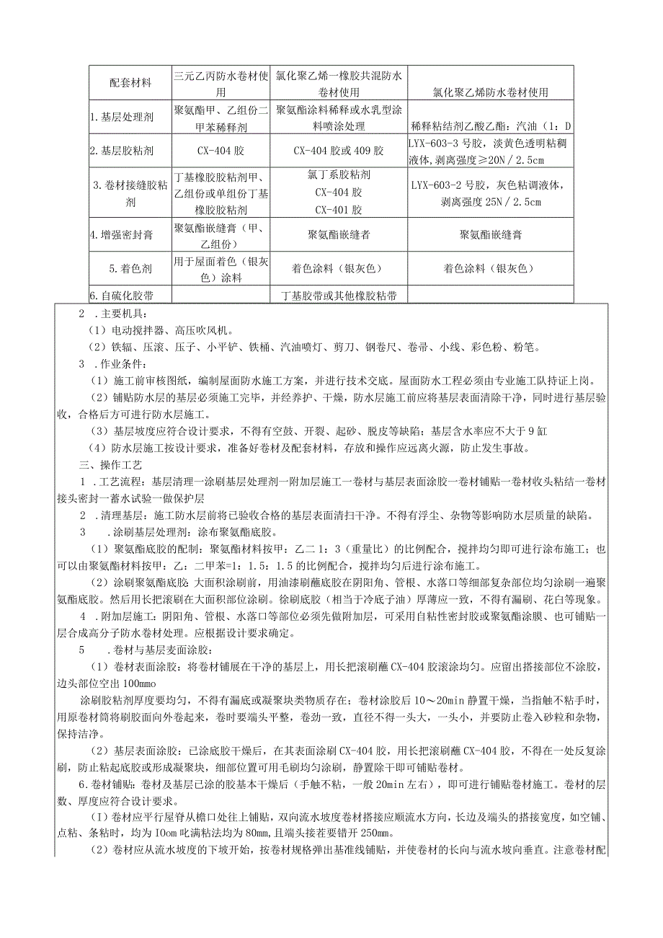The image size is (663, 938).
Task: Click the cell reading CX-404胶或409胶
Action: coord(338,151)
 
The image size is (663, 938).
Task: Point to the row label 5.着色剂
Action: coord(131,268)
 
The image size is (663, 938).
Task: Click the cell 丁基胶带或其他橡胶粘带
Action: coord(338,296)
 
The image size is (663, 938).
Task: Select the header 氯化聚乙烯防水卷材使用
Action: coord(490,92)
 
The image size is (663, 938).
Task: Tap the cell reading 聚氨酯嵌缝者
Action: coord(338,234)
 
